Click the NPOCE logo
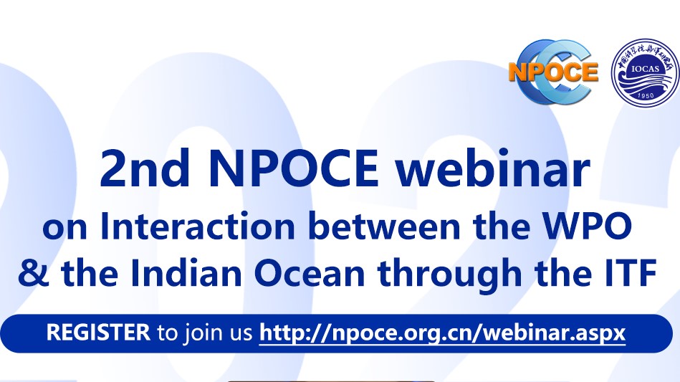(553, 72)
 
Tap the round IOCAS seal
(645, 72)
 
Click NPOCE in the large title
(293, 169)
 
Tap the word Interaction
(198, 226)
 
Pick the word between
(384, 226)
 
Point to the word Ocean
(310, 274)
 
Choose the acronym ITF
(631, 273)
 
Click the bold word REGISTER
(98, 333)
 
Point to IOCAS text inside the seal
(646, 69)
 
